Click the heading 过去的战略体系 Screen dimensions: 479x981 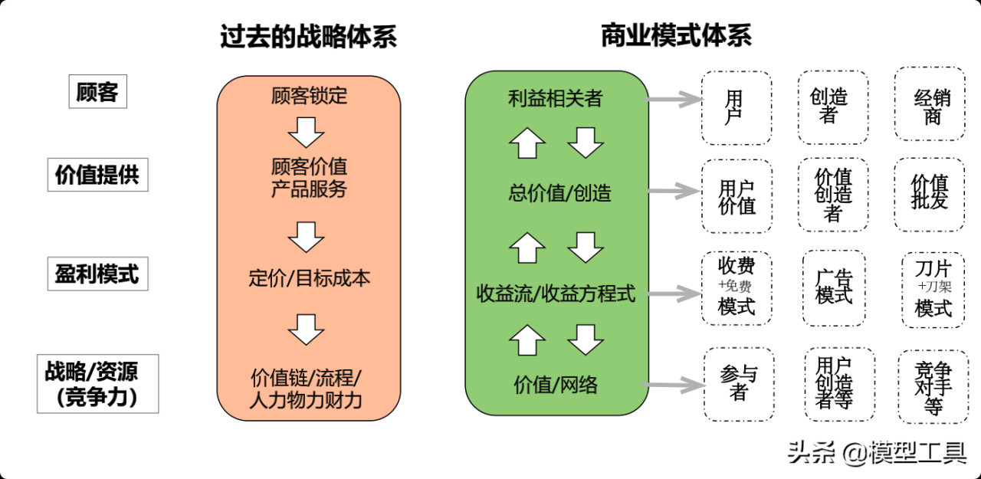(308, 37)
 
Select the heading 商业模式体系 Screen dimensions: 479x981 (675, 35)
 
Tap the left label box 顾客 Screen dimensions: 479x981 (97, 92)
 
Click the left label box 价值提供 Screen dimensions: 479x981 (97, 175)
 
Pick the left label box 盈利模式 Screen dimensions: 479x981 (97, 274)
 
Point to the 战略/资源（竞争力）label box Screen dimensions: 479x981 (97, 383)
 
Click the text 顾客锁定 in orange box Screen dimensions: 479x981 (309, 96)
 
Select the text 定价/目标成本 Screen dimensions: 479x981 (309, 277)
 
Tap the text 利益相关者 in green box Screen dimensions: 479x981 (556, 98)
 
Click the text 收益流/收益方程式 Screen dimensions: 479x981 (556, 294)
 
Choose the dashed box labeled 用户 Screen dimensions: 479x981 (737, 107)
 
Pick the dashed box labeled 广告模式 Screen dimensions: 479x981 (834, 287)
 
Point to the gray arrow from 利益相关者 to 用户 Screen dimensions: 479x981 (674, 99)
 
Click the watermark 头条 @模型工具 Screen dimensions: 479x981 (877, 453)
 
